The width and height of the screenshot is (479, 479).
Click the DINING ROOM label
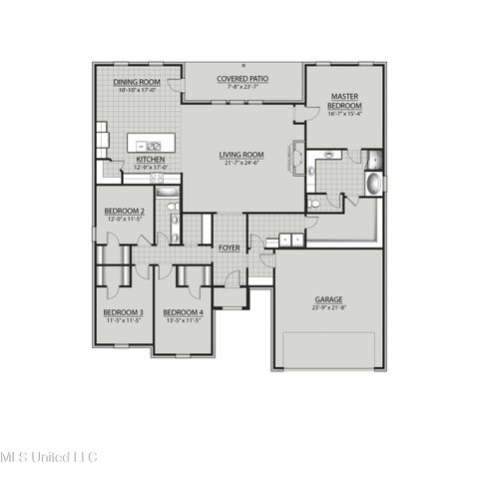tap(138, 83)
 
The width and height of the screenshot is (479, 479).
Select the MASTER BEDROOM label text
tap(344, 101)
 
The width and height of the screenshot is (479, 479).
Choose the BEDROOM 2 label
tap(126, 212)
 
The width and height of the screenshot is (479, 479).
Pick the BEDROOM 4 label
tap(183, 312)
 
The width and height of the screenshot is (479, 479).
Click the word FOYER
tap(229, 247)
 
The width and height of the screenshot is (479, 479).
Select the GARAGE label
tap(329, 299)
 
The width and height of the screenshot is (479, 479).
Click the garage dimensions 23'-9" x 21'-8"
tap(329, 307)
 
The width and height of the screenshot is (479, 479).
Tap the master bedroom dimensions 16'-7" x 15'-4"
tap(344, 115)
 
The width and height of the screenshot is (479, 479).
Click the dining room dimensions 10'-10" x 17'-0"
tap(138, 91)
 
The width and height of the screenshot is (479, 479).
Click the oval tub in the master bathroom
tap(373, 185)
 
